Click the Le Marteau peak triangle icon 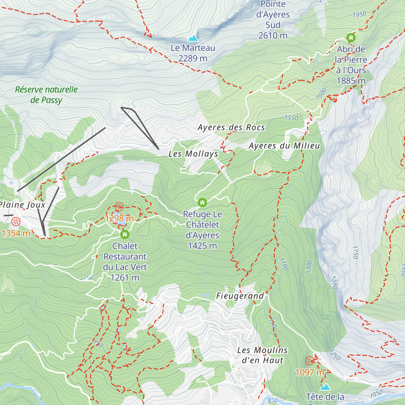tap(193, 38)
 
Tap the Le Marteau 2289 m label tap(193, 53)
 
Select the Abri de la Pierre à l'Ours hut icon tap(351, 37)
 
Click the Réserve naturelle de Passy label tap(46, 95)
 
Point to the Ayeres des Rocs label tap(231, 128)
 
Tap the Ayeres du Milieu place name tap(284, 146)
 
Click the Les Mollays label tap(193, 154)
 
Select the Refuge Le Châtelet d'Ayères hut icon tap(202, 202)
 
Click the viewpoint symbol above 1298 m tap(119, 207)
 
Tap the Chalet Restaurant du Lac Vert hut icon tap(125, 234)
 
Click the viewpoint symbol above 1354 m tap(16, 222)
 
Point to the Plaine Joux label tap(22, 205)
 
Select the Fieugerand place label tap(240, 296)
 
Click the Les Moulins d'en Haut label tap(262, 355)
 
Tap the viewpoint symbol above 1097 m tap(309, 361)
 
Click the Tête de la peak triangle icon tap(325, 387)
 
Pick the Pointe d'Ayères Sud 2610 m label tap(273, 20)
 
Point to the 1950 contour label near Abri tap(359, 15)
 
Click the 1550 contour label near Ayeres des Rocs tap(291, 118)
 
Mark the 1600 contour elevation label tap(321, 93)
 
